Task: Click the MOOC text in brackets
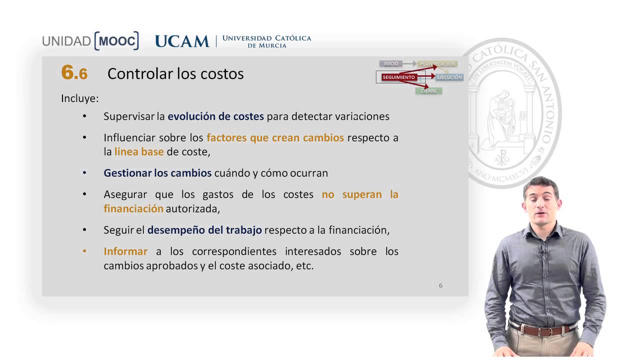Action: (116, 41)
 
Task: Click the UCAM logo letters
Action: (182, 41)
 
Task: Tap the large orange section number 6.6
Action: (74, 73)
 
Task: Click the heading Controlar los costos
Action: (175, 73)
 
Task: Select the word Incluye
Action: (79, 98)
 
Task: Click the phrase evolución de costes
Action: (215, 116)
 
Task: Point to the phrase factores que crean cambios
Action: (275, 137)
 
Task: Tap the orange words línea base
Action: (139, 151)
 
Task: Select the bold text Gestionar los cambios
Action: (157, 173)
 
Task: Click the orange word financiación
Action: (133, 208)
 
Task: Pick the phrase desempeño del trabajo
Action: (204, 230)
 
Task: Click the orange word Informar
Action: (125, 251)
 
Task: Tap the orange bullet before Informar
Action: (84, 251)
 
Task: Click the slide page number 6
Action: (440, 285)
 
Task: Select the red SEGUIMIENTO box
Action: (398, 77)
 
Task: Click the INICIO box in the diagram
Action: (391, 64)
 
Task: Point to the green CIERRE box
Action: (428, 91)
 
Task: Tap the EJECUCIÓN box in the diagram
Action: (449, 77)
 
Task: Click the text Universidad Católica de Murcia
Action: (266, 41)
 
